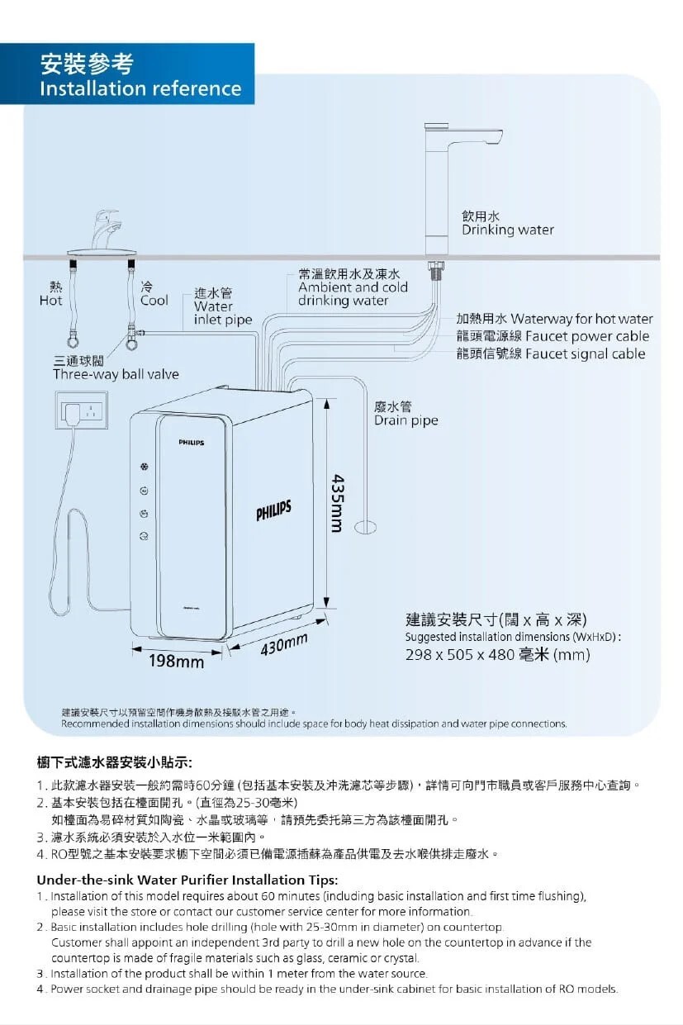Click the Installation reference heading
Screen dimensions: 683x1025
(x=140, y=88)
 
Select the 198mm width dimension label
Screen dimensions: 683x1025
(x=175, y=662)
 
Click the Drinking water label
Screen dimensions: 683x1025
(x=507, y=230)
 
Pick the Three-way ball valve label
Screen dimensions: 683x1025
(x=116, y=374)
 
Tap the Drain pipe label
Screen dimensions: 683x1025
(x=406, y=420)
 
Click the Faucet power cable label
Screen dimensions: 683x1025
(x=586, y=336)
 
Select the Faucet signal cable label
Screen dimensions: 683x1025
(x=585, y=354)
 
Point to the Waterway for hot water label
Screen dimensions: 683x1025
(x=581, y=319)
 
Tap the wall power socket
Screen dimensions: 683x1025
(x=82, y=410)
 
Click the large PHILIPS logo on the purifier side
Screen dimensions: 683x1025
(x=273, y=511)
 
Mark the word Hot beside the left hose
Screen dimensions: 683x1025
(x=50, y=301)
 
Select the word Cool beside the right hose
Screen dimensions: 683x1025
(x=154, y=301)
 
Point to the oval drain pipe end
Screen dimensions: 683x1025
(x=366, y=525)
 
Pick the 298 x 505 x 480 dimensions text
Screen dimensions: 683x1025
(x=497, y=656)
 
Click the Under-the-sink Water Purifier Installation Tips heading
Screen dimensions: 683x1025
(x=187, y=879)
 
